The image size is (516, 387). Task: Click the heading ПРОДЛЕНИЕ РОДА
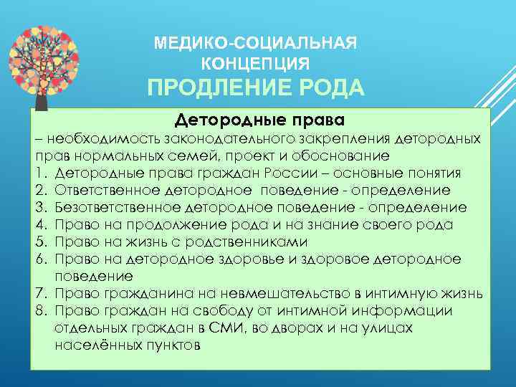point(255,89)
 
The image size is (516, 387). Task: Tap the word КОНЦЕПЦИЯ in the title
point(255,63)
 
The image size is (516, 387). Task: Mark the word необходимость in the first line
point(103,138)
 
